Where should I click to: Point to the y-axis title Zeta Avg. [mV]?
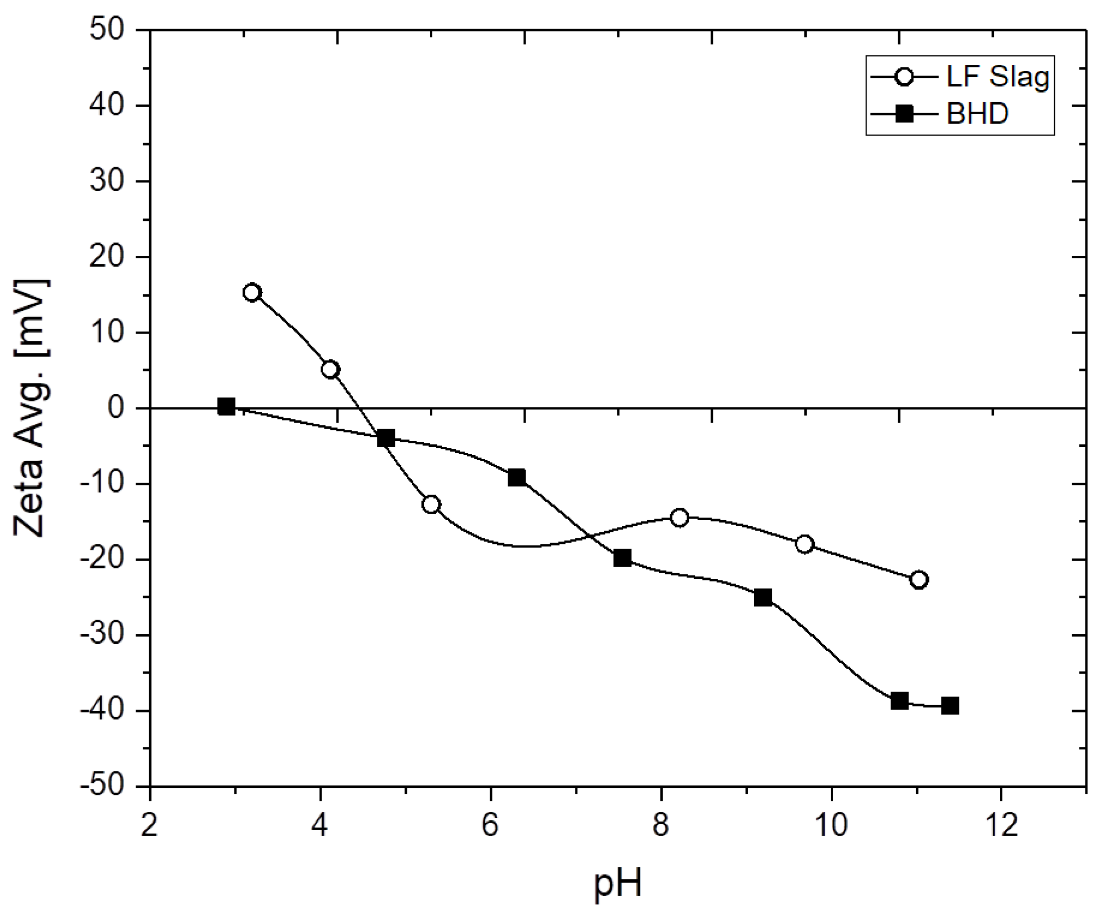[31, 407]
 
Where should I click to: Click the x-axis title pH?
[617, 884]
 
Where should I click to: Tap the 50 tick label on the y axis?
[107, 29]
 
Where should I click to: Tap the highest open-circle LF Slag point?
[252, 293]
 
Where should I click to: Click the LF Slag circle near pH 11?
[919, 580]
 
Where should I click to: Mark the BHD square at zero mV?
[226, 406]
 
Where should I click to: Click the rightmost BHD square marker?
[950, 706]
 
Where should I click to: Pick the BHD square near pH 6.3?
[517, 477]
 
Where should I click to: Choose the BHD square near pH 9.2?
[763, 597]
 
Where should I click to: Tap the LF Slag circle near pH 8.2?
[679, 518]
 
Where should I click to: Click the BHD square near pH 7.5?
[622, 558]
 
